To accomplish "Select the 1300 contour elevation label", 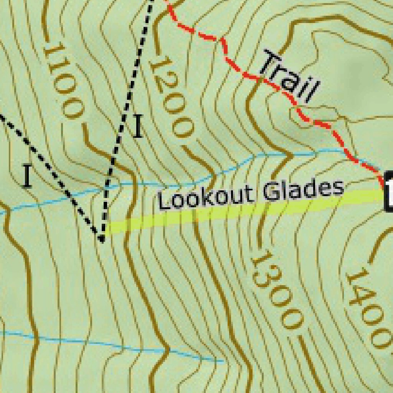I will pos(276,290).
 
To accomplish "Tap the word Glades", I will pos(303,190).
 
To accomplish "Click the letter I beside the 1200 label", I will pos(138,127).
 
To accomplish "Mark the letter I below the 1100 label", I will pos(27,176).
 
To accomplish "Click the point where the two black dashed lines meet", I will pos(102,240).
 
